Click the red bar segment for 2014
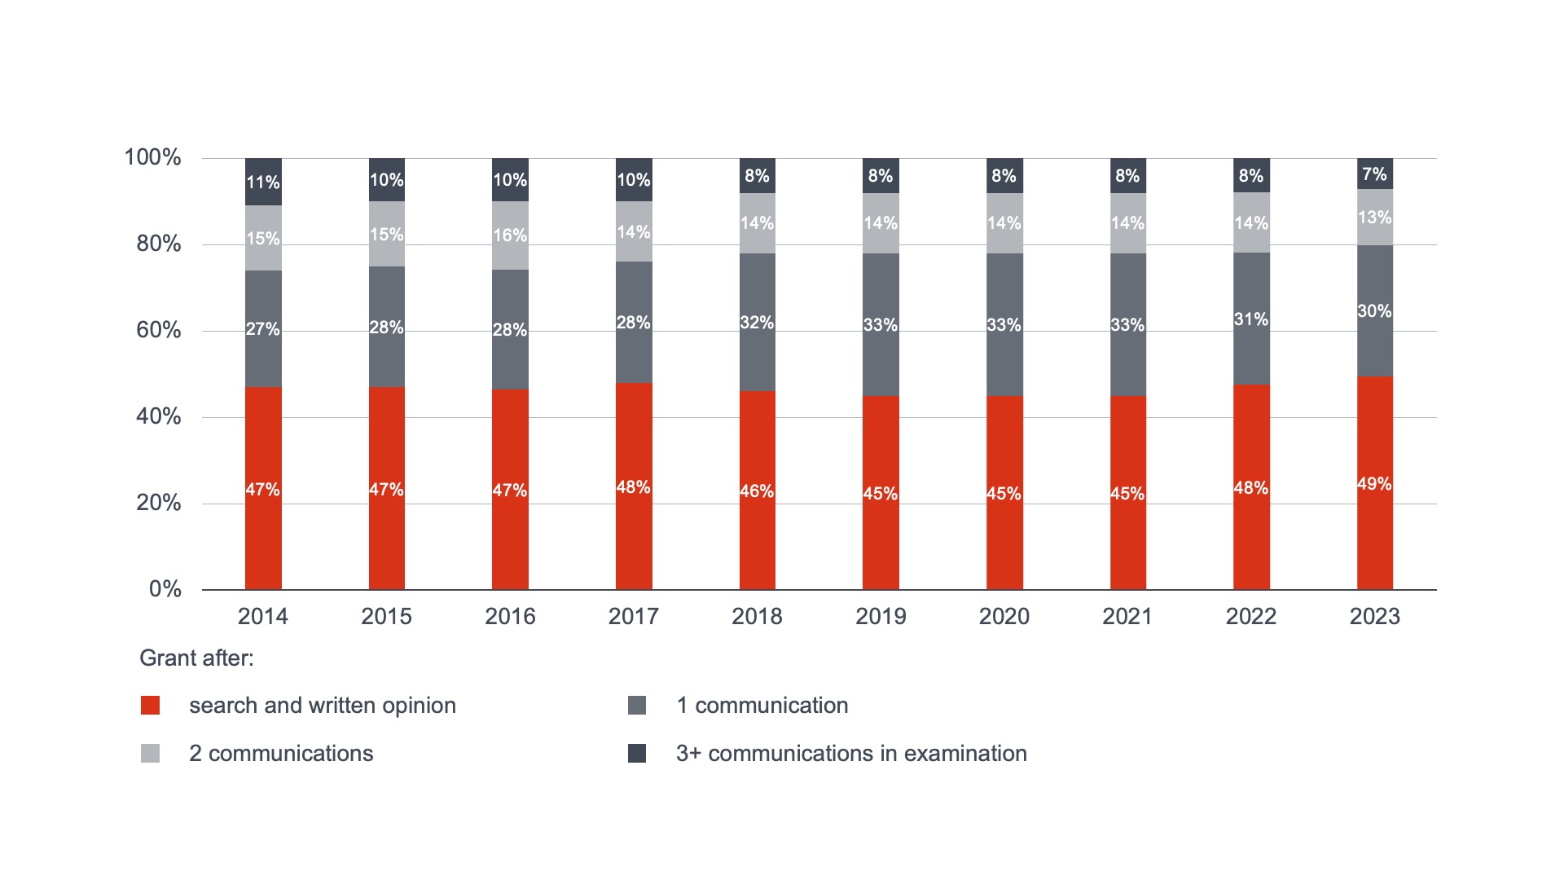click(x=263, y=488)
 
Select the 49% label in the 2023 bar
click(x=1374, y=484)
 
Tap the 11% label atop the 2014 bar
click(x=263, y=182)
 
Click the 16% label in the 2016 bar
click(x=510, y=235)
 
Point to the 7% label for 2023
click(x=1374, y=174)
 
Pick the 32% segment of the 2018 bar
click(x=757, y=323)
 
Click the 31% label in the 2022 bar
click(x=1250, y=319)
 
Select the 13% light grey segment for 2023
click(x=1374, y=218)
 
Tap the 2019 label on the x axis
click(x=881, y=616)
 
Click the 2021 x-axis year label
click(x=1127, y=616)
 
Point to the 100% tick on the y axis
click(x=152, y=157)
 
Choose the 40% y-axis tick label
click(x=159, y=416)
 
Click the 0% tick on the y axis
click(x=165, y=589)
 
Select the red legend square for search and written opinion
click(x=150, y=706)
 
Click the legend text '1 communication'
click(x=762, y=706)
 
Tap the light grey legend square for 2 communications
click(x=150, y=754)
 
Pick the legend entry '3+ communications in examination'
click(x=851, y=754)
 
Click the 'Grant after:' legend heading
click(x=196, y=658)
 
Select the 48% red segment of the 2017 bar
click(x=634, y=486)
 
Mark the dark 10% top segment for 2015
click(x=387, y=180)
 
